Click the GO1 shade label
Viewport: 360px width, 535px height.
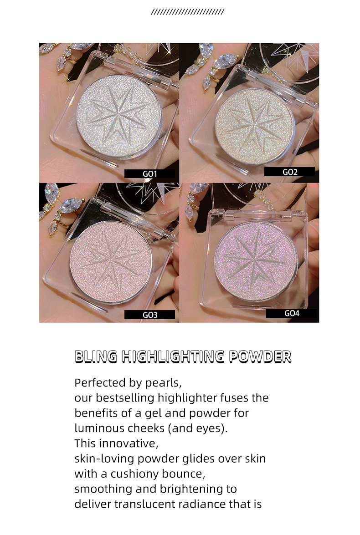pos(149,173)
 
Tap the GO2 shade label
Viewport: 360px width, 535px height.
pos(290,172)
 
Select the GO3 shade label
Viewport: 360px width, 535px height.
pos(149,315)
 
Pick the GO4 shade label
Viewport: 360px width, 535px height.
pos(291,313)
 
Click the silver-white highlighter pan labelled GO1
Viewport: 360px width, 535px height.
pos(119,117)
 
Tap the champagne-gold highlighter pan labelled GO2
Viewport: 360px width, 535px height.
pos(255,126)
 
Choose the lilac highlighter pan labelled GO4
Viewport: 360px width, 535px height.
pos(256,261)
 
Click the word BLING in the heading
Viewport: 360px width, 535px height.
pos(96,356)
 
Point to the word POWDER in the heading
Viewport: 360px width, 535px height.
pos(260,356)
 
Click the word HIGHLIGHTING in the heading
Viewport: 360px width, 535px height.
pos(173,356)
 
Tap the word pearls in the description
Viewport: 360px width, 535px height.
pos(163,383)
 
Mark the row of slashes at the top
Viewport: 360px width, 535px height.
pos(187,12)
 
